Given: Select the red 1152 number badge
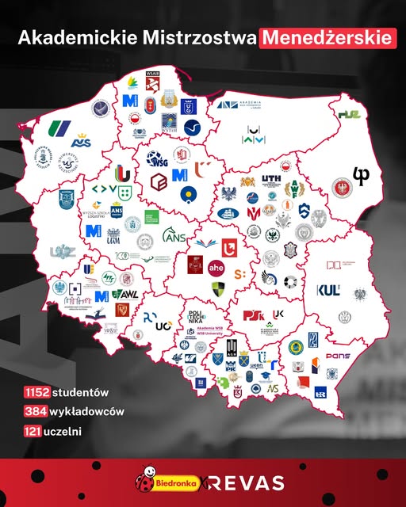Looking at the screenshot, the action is click(36, 392).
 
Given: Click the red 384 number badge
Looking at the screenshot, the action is click(35, 411).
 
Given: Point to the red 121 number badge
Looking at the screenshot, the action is click(33, 431).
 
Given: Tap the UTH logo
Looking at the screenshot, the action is click(270, 179).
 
